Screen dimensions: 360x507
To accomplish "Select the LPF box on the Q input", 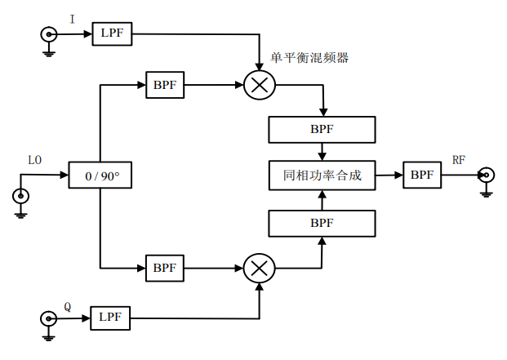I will [x=109, y=317].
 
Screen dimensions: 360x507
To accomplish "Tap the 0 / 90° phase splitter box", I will [x=99, y=175].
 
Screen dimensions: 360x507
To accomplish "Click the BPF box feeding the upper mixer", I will [x=166, y=84].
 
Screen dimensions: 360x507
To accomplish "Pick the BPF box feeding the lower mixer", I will [x=166, y=267].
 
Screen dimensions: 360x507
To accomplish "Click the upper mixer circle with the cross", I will [x=260, y=84].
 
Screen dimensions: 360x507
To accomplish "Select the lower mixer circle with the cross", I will [x=260, y=267].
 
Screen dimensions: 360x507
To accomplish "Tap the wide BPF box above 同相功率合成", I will [x=322, y=129].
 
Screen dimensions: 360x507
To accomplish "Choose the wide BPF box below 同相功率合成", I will [x=322, y=221].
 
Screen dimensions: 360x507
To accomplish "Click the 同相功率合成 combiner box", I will [x=322, y=175].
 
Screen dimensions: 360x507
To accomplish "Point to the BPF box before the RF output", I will [x=422, y=175].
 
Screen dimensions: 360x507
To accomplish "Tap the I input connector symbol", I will [x=49, y=33].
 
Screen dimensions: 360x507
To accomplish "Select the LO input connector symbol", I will [x=20, y=196].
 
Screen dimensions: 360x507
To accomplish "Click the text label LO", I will [x=34, y=160].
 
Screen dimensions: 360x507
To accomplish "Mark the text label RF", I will [x=459, y=159].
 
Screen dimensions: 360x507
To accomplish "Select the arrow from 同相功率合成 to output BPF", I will [x=389, y=175].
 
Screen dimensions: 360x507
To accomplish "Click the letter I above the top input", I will [x=72, y=18].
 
